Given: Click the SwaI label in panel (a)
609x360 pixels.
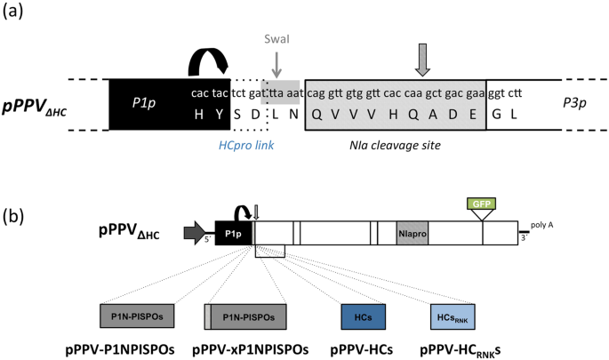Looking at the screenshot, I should pyautogui.click(x=277, y=39).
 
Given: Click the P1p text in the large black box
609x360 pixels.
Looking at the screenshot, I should pyautogui.click(x=146, y=103).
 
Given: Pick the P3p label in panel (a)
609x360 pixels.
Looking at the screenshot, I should pyautogui.click(x=574, y=103).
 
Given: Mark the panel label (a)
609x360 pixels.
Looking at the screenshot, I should pyautogui.click(x=14, y=14).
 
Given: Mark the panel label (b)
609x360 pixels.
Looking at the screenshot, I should pyautogui.click(x=14, y=216).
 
